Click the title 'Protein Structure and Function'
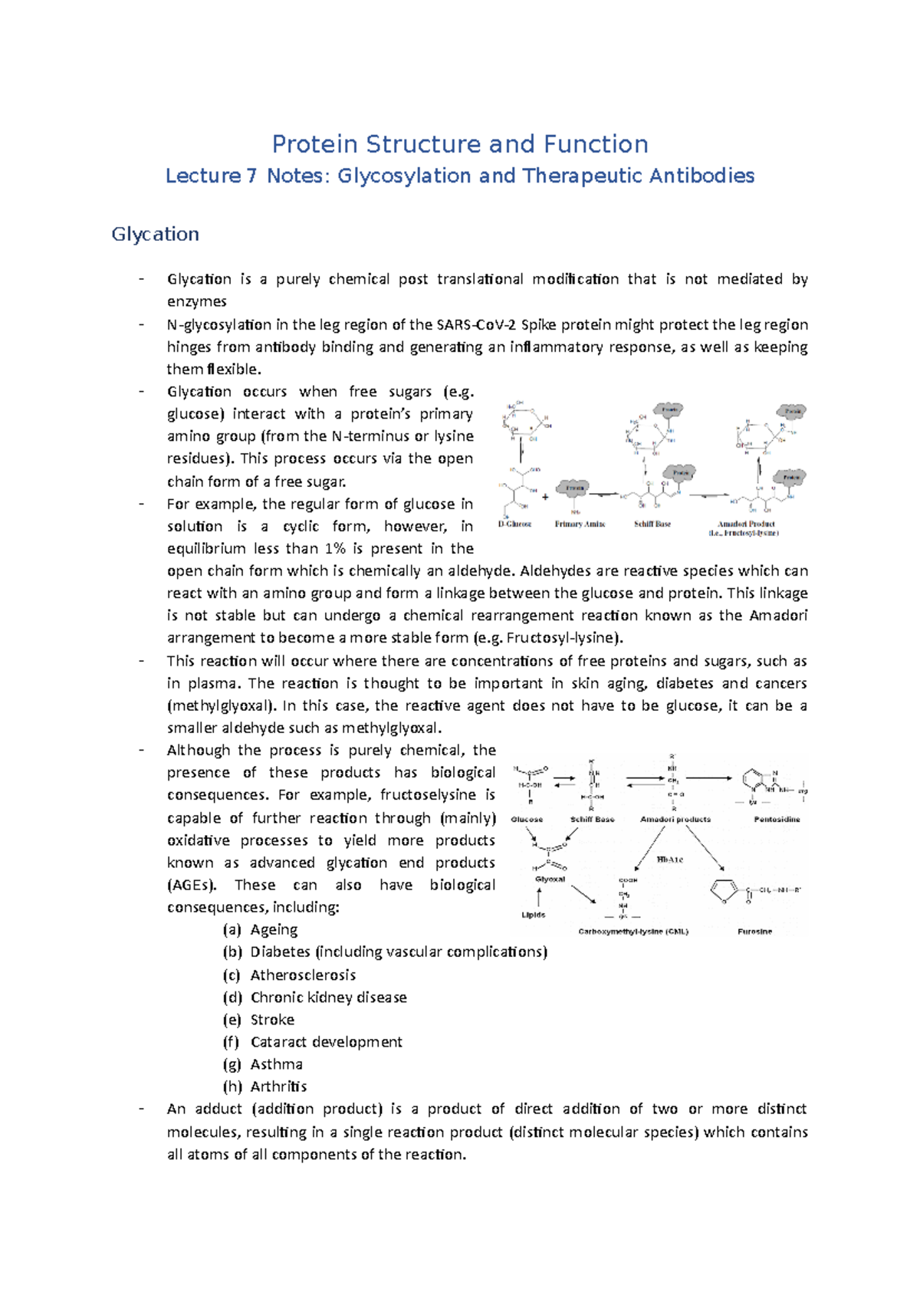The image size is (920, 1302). coord(460,144)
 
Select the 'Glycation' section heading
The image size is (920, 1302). coord(155,234)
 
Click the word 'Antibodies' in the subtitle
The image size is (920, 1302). coord(701,176)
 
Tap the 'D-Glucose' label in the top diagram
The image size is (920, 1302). coord(514,524)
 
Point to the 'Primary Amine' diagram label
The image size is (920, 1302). coord(580,524)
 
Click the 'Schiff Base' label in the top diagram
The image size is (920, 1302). coord(652,524)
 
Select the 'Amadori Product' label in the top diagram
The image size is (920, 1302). coord(745,524)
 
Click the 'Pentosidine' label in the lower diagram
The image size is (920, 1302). coord(777,819)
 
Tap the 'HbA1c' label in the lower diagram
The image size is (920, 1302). coord(669,860)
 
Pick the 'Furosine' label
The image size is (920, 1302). coord(754,932)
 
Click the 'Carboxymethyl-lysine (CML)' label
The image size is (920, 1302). coord(633,932)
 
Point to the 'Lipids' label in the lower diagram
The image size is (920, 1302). coord(534,915)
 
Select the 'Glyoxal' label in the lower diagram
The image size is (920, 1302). coord(550,880)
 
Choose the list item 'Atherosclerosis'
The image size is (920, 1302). coord(303,975)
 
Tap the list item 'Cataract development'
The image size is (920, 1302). coord(326,1042)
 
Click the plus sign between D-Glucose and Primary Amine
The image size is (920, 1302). coord(545,497)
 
